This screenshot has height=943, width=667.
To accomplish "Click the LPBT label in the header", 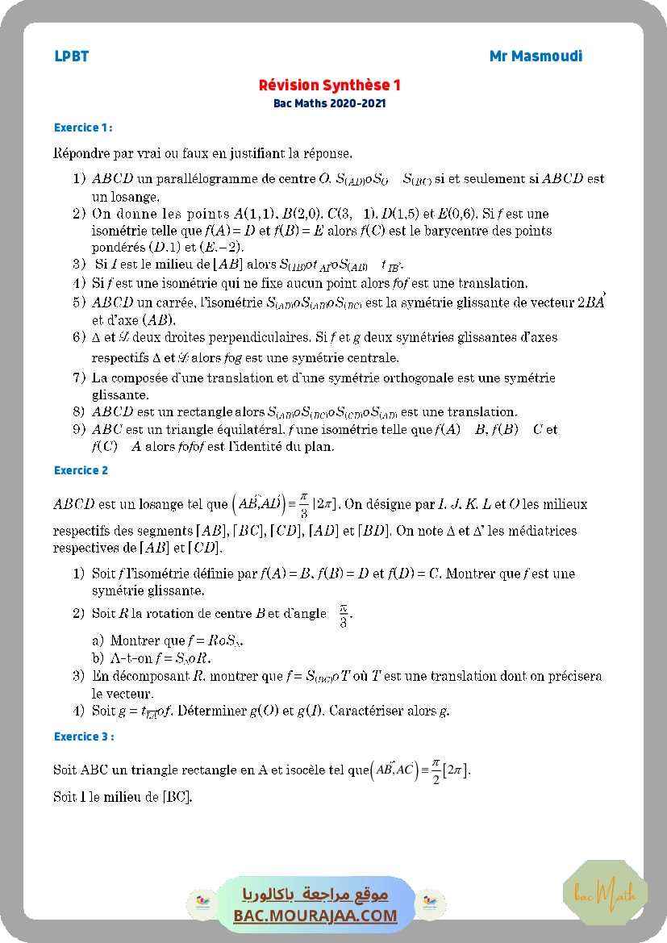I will point(71,56).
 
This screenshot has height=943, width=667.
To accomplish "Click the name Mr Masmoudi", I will point(536,56).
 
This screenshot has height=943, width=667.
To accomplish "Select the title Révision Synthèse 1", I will point(330,86).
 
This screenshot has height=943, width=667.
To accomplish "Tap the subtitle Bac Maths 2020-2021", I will point(330,103).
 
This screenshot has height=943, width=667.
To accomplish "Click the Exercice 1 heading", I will point(82,127).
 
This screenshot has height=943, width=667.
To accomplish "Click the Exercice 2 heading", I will point(81,470).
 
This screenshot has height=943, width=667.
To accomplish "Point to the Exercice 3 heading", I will point(83,736).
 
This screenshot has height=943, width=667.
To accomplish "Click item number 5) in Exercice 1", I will point(79,303).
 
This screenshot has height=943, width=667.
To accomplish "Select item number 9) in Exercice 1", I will point(79,430).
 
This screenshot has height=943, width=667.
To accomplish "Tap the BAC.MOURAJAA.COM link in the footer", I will point(315,916).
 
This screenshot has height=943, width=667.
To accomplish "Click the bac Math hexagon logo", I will point(604,893).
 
